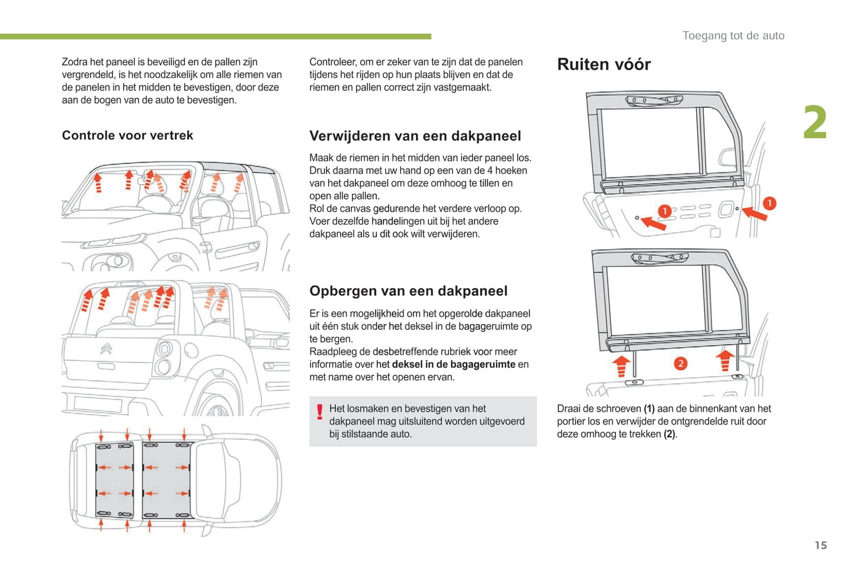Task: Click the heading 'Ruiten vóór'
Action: click(604, 65)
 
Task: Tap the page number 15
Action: click(820, 545)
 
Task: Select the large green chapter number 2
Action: click(815, 123)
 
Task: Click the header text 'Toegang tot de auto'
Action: click(733, 36)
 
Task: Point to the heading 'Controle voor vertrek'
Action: click(127, 136)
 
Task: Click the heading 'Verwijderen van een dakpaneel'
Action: click(415, 136)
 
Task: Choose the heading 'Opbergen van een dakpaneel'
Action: click(408, 291)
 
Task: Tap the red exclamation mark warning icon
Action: click(320, 412)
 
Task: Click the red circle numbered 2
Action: click(680, 363)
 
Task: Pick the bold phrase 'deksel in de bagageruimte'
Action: click(453, 364)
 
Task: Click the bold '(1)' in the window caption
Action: click(649, 409)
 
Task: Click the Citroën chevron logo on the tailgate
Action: click(106, 349)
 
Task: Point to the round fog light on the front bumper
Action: click(117, 261)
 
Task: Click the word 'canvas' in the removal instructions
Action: click(355, 208)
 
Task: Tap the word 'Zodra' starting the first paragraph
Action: click(75, 62)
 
